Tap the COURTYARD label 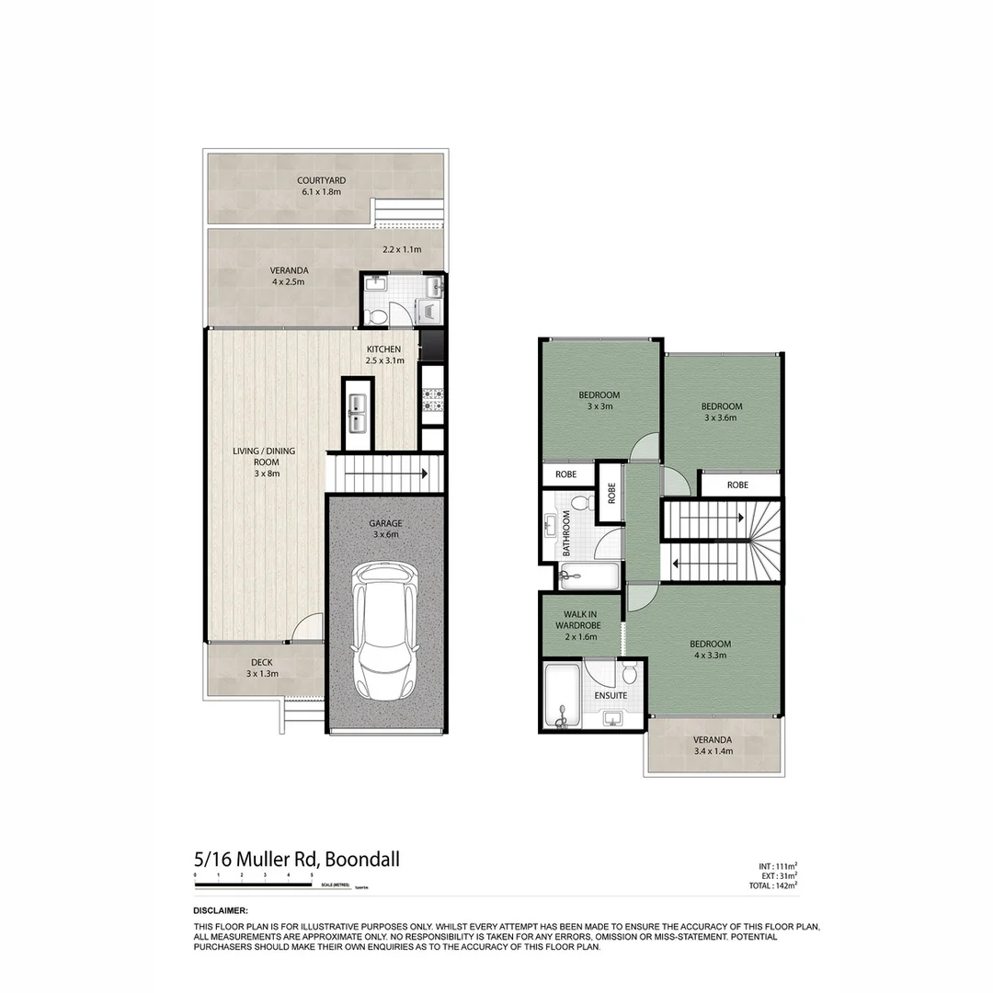[x=322, y=187]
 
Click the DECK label [x=262, y=668]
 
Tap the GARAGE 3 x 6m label [x=386, y=529]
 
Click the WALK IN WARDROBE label [x=577, y=625]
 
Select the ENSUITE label [x=611, y=695]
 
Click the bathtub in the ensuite [x=561, y=697]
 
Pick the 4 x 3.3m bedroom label [x=711, y=650]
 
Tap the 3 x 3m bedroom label [x=599, y=401]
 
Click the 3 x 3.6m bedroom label [x=722, y=412]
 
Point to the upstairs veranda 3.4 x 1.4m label [x=713, y=746]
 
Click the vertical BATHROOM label [x=567, y=533]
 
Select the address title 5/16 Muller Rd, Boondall [x=297, y=861]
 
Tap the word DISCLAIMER [x=222, y=909]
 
